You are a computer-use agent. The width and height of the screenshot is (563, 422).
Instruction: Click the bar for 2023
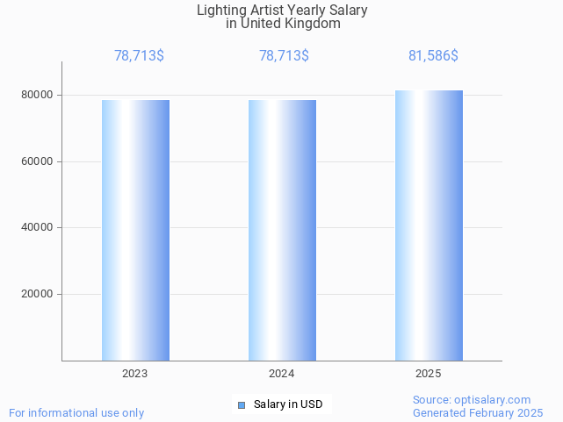pyautogui.click(x=135, y=230)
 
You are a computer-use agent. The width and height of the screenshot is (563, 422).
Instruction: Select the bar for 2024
pyautogui.click(x=282, y=230)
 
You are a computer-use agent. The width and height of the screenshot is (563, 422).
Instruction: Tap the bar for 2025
pyautogui.click(x=429, y=225)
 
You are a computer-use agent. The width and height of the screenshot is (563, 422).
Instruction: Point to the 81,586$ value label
pyautogui.click(x=433, y=56)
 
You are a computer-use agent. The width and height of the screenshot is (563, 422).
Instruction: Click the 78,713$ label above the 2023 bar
pyautogui.click(x=139, y=56)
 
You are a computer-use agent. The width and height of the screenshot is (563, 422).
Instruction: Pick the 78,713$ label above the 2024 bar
pyautogui.click(x=284, y=56)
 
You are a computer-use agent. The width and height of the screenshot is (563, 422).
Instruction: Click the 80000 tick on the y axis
pyautogui.click(x=38, y=95)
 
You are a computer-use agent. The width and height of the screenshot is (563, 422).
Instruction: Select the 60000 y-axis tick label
pyautogui.click(x=38, y=161)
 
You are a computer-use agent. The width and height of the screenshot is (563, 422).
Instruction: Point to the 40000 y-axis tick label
pyautogui.click(x=38, y=228)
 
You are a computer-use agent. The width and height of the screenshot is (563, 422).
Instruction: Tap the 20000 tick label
pyautogui.click(x=38, y=295)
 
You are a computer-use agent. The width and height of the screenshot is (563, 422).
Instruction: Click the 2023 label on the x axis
pyautogui.click(x=135, y=374)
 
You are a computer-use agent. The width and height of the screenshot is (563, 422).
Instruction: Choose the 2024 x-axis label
pyautogui.click(x=282, y=374)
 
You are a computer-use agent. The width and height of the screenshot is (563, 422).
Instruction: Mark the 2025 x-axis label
pyautogui.click(x=429, y=374)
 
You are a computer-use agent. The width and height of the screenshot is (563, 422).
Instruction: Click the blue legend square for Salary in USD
pyautogui.click(x=242, y=404)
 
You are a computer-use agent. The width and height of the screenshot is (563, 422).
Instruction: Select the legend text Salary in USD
pyautogui.click(x=288, y=404)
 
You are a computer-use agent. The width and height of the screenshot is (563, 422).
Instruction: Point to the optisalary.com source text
pyautogui.click(x=472, y=399)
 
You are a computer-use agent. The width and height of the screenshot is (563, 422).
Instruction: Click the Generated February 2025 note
pyautogui.click(x=478, y=412)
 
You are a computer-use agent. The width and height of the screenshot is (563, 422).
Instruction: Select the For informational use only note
pyautogui.click(x=76, y=412)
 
